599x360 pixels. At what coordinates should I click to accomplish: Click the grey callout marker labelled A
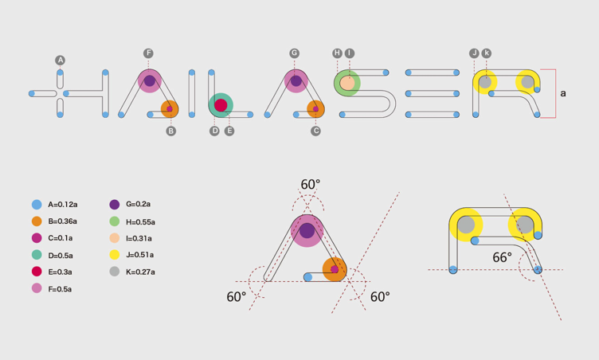coord(60,61)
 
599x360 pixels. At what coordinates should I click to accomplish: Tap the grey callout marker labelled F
coord(148,53)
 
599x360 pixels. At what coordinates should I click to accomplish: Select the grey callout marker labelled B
coord(170,131)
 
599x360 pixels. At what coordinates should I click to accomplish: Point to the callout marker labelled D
coord(214,131)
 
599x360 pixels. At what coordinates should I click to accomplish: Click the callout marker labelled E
coord(229,131)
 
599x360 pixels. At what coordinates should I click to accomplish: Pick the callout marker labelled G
coord(295,53)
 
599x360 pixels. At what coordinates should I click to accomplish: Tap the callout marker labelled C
coord(316,131)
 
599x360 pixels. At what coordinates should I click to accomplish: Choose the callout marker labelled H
coord(338,53)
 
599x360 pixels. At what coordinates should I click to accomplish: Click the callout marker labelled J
coord(474,53)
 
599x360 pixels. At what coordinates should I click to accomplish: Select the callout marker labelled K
coord(487,53)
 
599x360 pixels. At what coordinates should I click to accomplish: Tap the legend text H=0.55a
coord(140,222)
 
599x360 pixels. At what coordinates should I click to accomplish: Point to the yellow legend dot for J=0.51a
coord(115,255)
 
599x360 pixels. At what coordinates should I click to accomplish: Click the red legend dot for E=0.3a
coord(37,272)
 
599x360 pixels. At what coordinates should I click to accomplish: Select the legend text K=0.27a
coord(140,272)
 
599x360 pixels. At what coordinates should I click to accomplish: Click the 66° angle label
coord(502,258)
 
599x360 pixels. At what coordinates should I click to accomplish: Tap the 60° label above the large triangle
coord(311,185)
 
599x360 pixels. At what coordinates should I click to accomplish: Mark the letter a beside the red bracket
coord(563,94)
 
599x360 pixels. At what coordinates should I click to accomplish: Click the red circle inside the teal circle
coord(221,105)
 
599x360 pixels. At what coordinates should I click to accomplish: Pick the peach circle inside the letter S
coord(347,82)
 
